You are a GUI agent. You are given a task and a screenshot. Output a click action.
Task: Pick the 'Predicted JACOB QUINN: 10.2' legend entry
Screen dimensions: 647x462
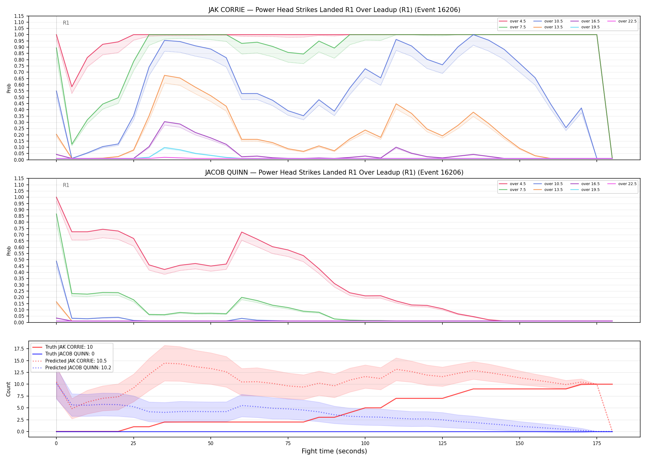pos(71,368)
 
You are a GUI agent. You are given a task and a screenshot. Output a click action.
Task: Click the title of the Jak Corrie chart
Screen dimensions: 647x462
pos(334,10)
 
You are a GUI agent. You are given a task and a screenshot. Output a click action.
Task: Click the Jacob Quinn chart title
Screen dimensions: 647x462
pos(334,172)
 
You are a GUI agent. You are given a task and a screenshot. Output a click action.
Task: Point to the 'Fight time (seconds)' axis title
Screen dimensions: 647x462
pos(334,451)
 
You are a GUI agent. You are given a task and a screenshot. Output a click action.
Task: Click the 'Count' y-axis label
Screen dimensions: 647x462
pos(8,389)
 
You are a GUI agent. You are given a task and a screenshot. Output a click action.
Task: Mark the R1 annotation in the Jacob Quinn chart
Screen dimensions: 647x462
pos(66,185)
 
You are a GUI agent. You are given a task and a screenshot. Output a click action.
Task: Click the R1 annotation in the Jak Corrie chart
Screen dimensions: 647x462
pos(66,23)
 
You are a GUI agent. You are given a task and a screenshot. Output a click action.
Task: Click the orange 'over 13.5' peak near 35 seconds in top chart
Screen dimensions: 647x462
pos(165,75)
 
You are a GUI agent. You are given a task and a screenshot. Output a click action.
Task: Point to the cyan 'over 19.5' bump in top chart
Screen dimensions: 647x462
pos(165,148)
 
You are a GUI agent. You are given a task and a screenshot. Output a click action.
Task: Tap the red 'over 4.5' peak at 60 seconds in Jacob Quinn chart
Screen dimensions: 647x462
pos(242,232)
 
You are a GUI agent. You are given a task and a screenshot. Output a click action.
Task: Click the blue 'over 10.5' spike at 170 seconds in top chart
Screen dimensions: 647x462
pos(581,108)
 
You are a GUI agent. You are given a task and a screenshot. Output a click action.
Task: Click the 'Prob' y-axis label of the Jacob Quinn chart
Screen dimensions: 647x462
pos(9,251)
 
